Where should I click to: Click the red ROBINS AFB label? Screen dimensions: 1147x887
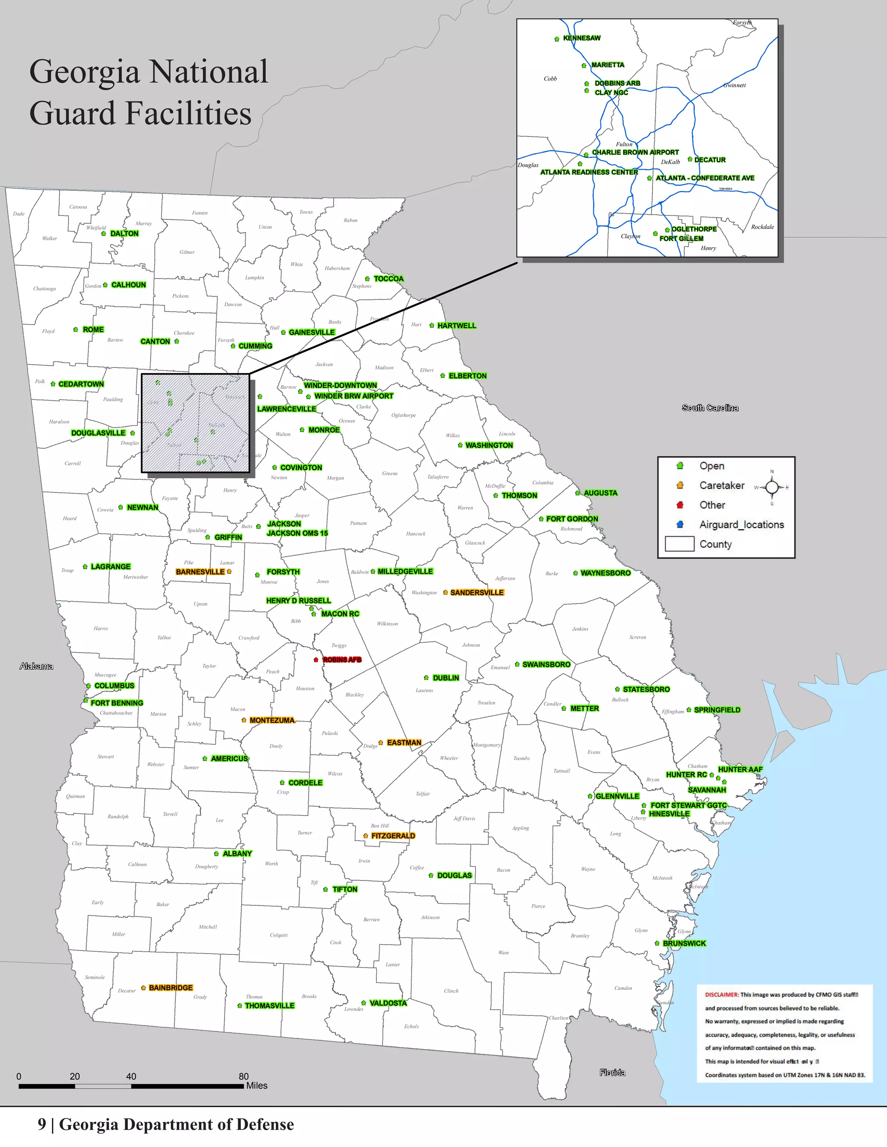[x=342, y=660]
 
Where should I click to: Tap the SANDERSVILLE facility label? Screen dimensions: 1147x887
[x=476, y=593]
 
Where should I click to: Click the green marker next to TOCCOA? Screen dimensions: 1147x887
[x=367, y=279]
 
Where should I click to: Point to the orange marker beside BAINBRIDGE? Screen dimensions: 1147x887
[x=143, y=988]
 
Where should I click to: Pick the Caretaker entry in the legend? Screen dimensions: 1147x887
[x=722, y=485]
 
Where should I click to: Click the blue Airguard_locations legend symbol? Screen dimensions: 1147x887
[x=680, y=524]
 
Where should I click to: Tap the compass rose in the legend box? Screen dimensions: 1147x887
[x=771, y=487]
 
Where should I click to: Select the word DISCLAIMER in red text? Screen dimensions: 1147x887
[x=722, y=995]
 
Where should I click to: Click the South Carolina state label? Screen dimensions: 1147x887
[x=710, y=408]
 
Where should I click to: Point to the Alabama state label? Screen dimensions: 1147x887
[x=36, y=667]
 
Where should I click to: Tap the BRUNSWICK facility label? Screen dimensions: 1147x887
[x=684, y=943]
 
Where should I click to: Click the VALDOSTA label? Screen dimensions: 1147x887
[x=388, y=1003]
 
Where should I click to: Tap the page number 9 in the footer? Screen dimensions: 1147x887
[x=42, y=1124]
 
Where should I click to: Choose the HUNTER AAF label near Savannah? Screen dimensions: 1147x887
[x=740, y=770]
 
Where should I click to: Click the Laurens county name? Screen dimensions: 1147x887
[x=424, y=690]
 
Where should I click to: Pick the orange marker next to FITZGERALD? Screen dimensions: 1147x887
[x=366, y=835]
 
